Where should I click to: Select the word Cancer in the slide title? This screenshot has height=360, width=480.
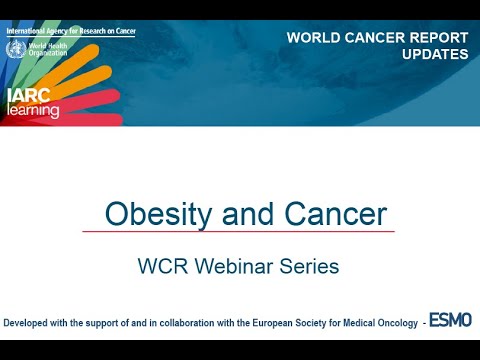pos(332,215)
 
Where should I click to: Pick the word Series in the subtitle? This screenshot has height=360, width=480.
pos(308,267)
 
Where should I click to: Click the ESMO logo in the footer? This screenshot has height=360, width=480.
pos(450,322)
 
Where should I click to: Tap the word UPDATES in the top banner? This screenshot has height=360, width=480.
pos(434,54)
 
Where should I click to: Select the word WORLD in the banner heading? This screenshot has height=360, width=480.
pos(315,38)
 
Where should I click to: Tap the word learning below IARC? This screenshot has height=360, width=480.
pos(32,111)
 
